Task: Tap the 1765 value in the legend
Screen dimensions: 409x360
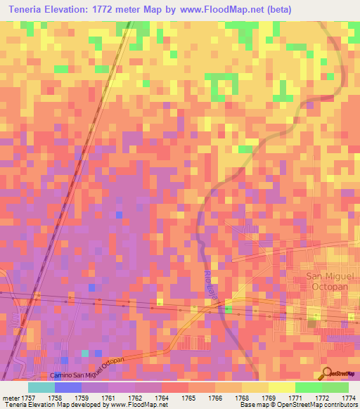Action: [187, 398]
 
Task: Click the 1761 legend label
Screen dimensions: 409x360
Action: [108, 398]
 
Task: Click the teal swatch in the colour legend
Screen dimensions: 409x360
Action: [41, 387]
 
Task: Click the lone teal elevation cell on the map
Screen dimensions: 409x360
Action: [86, 353]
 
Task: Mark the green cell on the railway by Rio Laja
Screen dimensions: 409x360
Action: [227, 309]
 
